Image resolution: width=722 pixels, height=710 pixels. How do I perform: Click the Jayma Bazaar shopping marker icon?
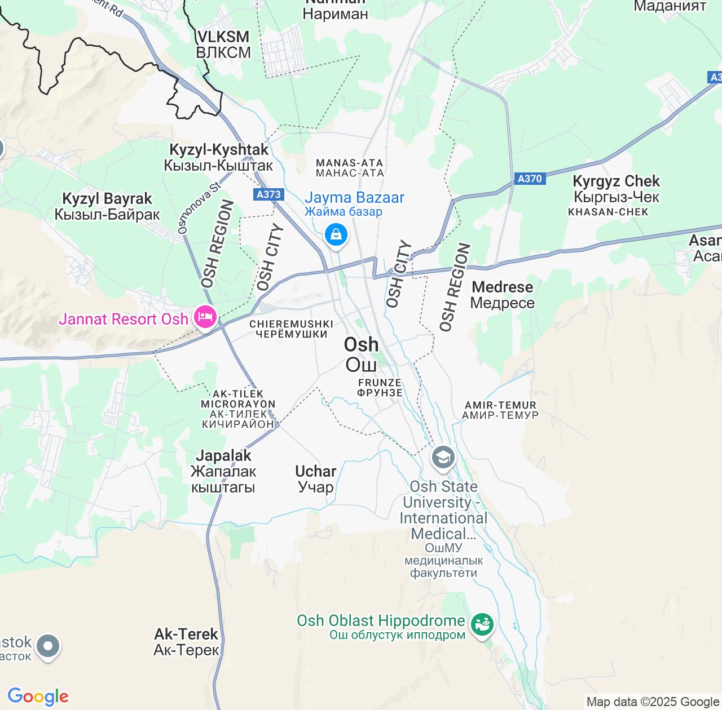coord(336,234)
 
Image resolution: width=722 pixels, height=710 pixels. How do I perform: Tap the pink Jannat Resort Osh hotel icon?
coord(205,318)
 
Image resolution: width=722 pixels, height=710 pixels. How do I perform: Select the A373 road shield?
coord(268,194)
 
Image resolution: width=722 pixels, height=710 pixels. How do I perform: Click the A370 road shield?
coord(530,179)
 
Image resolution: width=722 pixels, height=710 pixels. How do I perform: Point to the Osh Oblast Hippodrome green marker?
coord(482,624)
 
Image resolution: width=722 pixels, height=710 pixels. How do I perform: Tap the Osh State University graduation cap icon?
coord(443,457)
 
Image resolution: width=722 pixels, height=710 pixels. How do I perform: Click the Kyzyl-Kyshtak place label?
coord(219,157)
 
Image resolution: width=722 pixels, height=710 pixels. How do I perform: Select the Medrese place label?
coord(502,295)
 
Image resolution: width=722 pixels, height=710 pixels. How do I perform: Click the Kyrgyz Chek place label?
coord(616,189)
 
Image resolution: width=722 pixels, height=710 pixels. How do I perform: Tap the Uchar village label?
coord(316,478)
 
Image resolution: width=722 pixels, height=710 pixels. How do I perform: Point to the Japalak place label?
coord(223,471)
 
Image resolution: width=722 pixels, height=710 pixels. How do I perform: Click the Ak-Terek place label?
coord(186,641)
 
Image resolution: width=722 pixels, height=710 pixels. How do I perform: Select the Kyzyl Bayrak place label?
coord(107,206)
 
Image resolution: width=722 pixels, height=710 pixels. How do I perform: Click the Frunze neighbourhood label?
coord(380,388)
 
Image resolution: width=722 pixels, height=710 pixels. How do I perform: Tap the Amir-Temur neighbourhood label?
coord(500,410)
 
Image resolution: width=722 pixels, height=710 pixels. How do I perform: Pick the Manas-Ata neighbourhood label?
coord(350,168)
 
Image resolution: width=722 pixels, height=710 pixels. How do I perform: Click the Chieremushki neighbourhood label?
coord(291,329)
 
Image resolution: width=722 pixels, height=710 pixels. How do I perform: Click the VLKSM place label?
coord(223,45)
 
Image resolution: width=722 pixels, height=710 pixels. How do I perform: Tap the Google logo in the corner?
coord(38,696)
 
